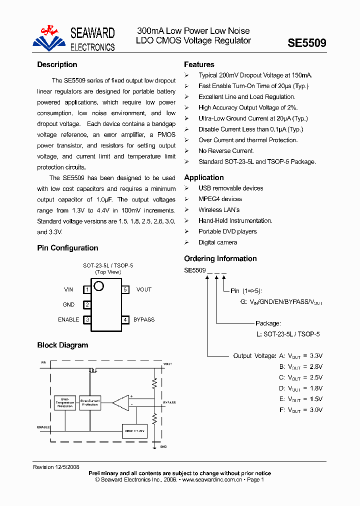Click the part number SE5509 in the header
coord(306,43)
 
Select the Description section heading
coord(57,64)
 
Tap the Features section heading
coord(199,64)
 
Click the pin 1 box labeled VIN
coord(87,289)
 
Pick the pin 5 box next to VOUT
coord(125,289)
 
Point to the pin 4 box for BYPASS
coord(125,319)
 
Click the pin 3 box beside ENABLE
coord(87,319)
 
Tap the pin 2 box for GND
coord(87,304)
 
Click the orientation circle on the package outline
coord(98,286)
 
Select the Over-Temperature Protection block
coord(64,403)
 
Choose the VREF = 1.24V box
coord(134,430)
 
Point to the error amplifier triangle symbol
coord(121,401)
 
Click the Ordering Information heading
coord(220,258)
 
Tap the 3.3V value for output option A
coord(315,356)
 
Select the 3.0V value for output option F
coord(315,410)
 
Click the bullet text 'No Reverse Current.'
coord(226,151)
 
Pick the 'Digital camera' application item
coord(218,242)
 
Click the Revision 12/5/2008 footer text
coord(56,467)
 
